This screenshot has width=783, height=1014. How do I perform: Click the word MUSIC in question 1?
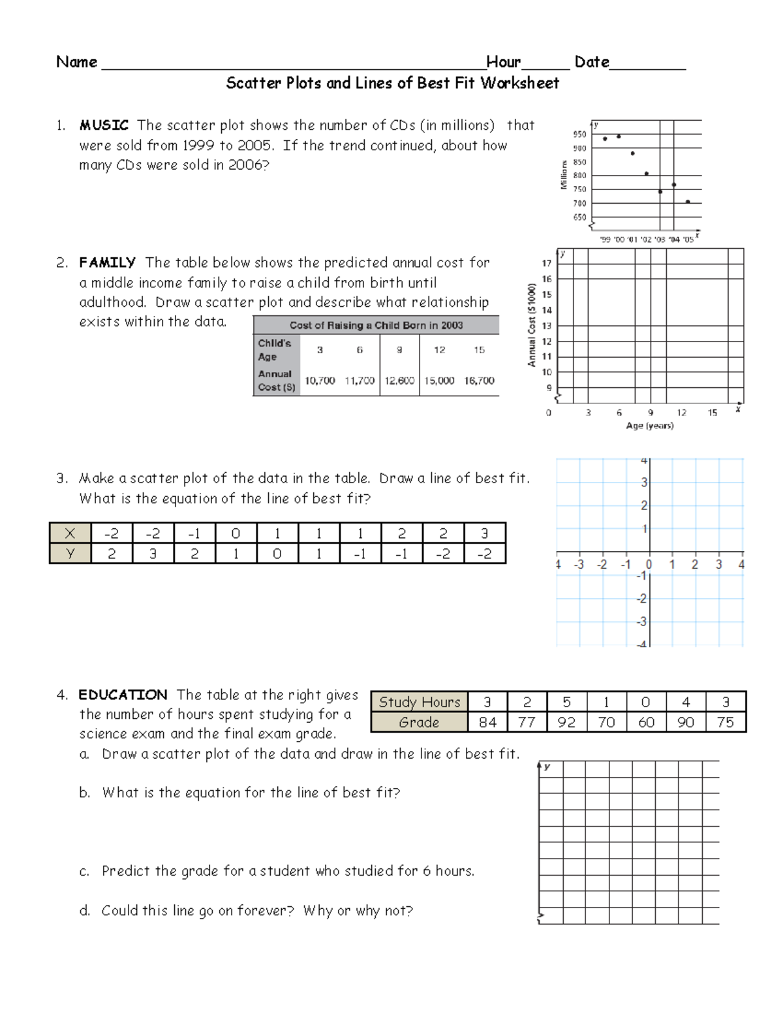tap(104, 125)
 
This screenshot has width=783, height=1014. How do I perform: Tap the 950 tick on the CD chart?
tap(579, 135)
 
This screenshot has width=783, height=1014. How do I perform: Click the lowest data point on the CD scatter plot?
tap(688, 202)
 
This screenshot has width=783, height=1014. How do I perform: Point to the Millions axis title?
tap(564, 175)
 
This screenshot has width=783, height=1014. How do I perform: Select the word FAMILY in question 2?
tap(107, 262)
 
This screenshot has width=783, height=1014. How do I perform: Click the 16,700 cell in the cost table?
tap(479, 381)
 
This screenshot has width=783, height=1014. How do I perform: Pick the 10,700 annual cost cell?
tap(320, 381)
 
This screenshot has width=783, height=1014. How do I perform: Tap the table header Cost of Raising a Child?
tap(376, 325)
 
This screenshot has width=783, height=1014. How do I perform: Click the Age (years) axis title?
tap(649, 426)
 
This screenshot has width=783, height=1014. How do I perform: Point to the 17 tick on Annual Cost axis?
tap(547, 263)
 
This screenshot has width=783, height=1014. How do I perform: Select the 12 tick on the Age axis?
tap(681, 413)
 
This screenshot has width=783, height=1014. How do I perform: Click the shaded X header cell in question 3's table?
tap(70, 533)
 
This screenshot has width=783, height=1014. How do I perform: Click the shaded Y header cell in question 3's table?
tap(70, 554)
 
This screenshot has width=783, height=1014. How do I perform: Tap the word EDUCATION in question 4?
tap(123, 695)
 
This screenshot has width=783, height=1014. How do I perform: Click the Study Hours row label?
tap(420, 702)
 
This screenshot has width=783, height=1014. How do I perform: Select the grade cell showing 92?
tap(566, 722)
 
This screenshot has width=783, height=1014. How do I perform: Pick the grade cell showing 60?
tap(646, 722)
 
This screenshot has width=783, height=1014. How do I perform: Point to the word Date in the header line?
tap(591, 62)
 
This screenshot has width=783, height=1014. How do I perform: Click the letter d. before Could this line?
tap(85, 911)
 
